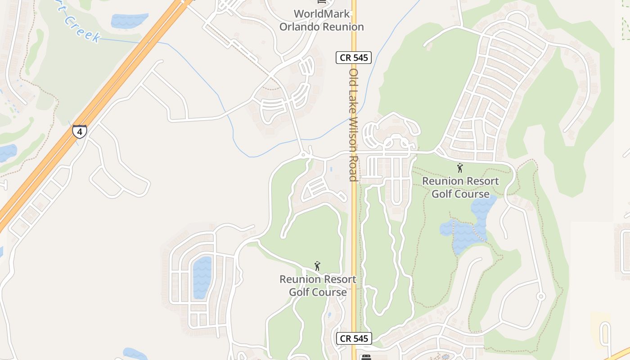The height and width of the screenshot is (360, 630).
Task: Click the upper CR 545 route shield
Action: click(353, 58)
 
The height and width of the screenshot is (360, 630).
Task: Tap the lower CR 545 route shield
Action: click(354, 338)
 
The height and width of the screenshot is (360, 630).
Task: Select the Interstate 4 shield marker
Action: click(79, 132)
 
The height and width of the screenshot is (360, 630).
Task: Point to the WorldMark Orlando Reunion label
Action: click(321, 20)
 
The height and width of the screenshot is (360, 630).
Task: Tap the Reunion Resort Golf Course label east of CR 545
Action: click(460, 188)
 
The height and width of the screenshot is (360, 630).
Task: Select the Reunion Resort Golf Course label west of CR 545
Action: click(318, 286)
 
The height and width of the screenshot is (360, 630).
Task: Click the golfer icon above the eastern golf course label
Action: click(459, 168)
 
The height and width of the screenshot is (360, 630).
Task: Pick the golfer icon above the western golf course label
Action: click(317, 266)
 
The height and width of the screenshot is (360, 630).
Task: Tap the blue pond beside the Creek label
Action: click(129, 20)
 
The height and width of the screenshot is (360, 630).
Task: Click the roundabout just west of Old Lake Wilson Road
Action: click(303, 155)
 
